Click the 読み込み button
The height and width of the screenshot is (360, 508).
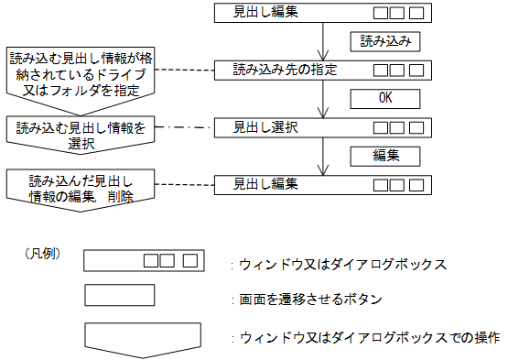pyautogui.click(x=385, y=42)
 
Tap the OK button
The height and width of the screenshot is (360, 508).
pyautogui.click(x=385, y=98)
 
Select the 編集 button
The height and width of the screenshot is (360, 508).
pyautogui.click(x=385, y=154)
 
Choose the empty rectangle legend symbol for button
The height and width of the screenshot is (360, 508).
pyautogui.click(x=118, y=296)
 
